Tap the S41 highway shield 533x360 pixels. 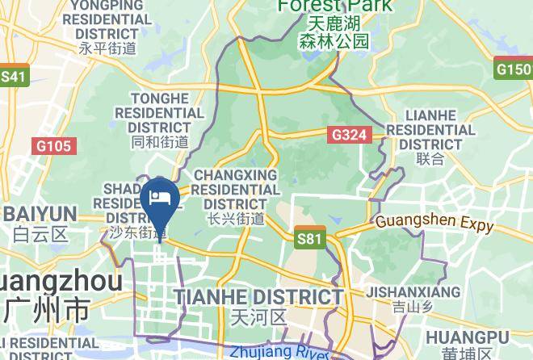pyautogui.click(x=14, y=77)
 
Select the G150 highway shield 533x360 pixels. pyautogui.click(x=514, y=69)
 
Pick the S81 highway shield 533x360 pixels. pyautogui.click(x=309, y=238)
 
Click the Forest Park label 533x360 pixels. pyautogui.click(x=334, y=6)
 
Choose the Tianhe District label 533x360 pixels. pyautogui.click(x=259, y=296)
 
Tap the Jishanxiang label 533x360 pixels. pyautogui.click(x=413, y=292)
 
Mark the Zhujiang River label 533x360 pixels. pyautogui.click(x=279, y=353)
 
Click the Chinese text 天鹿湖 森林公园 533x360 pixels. pyautogui.click(x=334, y=33)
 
